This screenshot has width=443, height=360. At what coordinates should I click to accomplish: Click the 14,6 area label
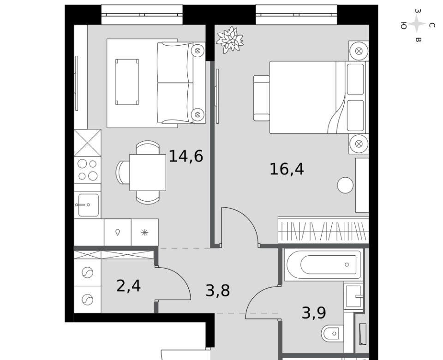186,156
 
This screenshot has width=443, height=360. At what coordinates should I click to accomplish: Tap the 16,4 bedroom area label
287,169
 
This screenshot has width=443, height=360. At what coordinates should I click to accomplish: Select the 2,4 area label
129,286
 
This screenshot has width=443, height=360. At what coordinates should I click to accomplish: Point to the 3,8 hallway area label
217,290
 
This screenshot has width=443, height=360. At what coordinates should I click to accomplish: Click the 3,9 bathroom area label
314,313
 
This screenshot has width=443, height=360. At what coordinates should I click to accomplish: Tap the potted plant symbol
230,40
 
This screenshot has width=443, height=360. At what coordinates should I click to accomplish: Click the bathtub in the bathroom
324,265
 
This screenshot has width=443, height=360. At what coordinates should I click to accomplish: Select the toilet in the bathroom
332,333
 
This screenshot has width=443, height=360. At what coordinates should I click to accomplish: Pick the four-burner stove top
88,170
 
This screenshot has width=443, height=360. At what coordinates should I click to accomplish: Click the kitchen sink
88,205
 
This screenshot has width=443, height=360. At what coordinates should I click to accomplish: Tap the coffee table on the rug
127,82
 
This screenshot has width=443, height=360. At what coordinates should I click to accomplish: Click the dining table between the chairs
148,172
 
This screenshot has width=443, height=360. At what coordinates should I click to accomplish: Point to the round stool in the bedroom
345,185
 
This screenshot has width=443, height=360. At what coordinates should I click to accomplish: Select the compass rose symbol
418,24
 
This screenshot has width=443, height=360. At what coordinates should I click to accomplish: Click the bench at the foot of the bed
261,98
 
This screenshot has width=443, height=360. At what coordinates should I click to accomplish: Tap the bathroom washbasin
353,296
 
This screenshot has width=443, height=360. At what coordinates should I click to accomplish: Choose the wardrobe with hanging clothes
323,230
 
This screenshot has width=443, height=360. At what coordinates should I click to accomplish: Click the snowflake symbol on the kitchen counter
144,233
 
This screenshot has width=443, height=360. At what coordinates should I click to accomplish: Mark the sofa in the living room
181,83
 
